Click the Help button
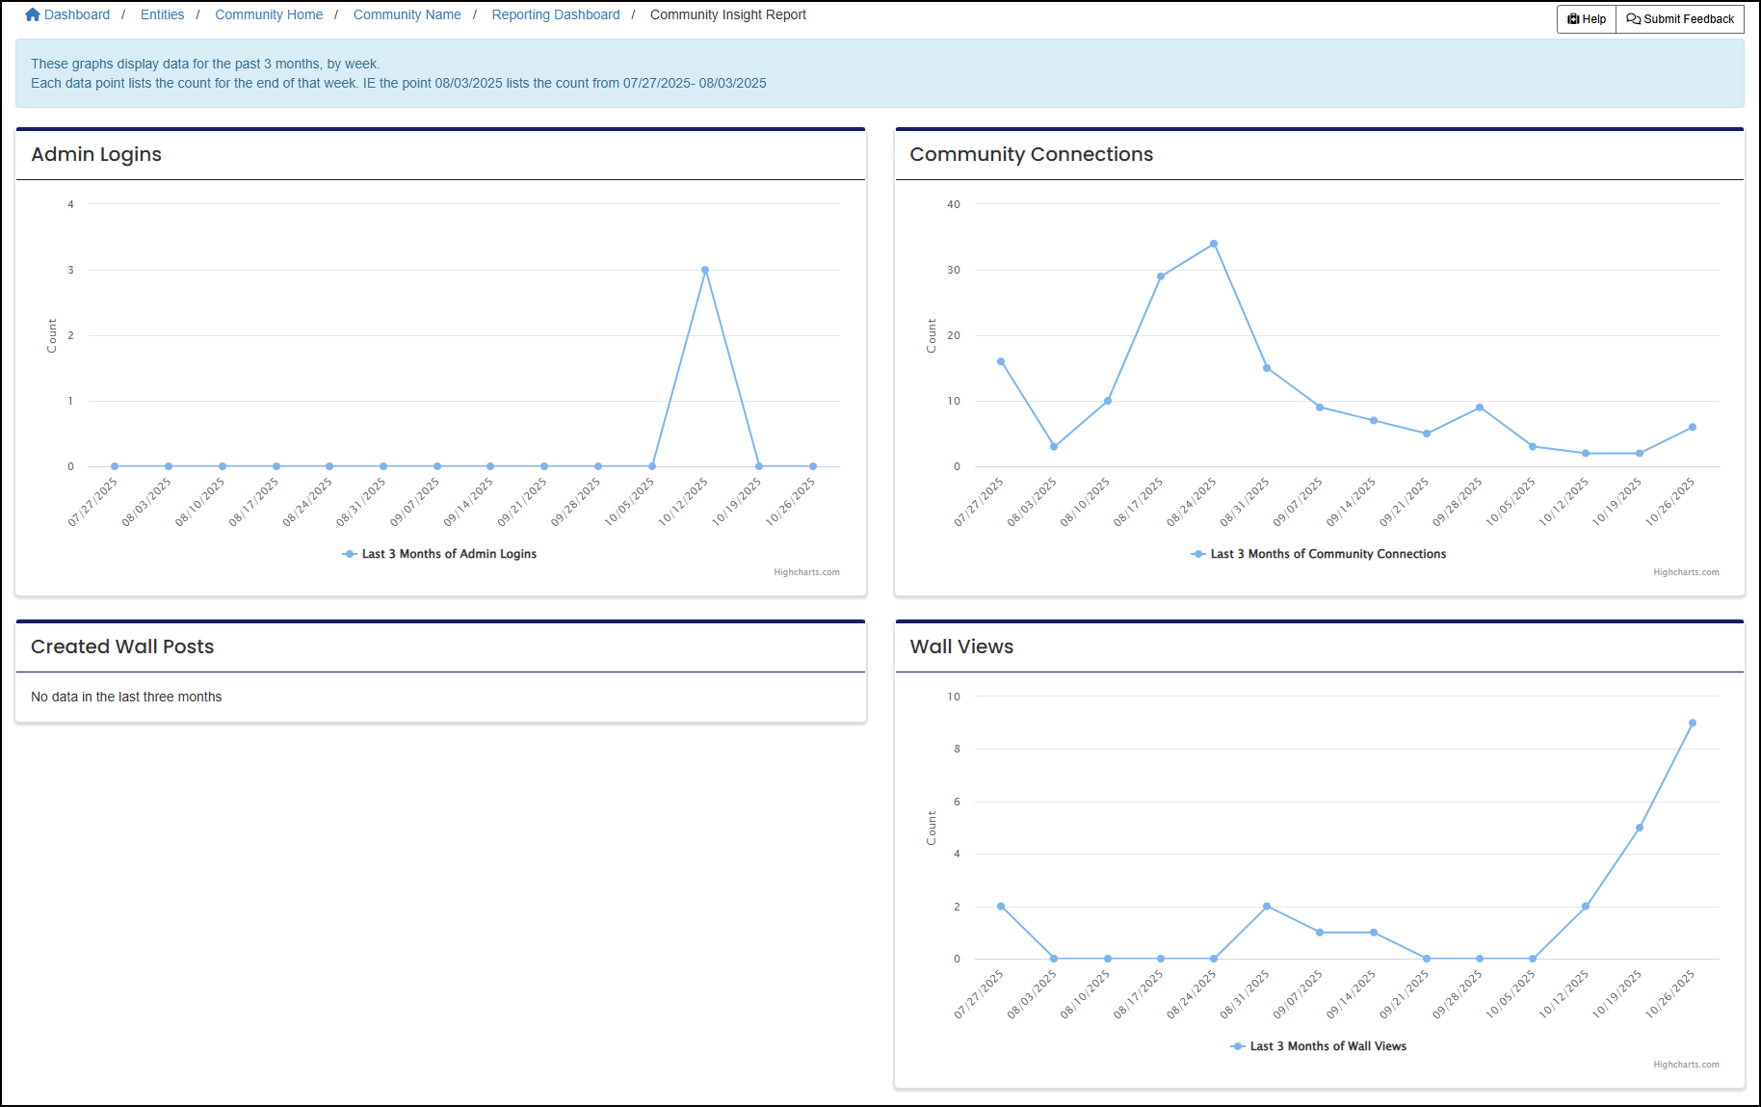click(1587, 19)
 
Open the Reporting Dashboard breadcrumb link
click(555, 14)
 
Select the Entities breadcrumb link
click(162, 14)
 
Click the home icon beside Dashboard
click(33, 14)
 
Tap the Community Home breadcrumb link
click(269, 14)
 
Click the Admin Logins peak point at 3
click(705, 270)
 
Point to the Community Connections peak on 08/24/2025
click(1214, 244)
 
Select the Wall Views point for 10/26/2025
click(1693, 723)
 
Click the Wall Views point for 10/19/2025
click(1640, 828)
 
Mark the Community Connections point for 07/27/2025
click(1001, 361)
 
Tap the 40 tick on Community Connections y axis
click(954, 204)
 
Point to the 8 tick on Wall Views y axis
click(957, 749)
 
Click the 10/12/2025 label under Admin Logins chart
click(684, 502)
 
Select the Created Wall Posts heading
click(122, 646)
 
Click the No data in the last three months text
click(126, 697)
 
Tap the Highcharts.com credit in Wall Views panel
click(1686, 1065)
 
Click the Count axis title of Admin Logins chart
click(52, 335)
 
